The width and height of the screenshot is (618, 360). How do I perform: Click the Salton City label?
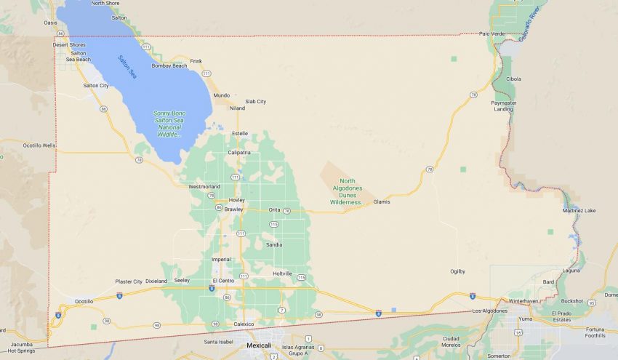[x=96, y=85]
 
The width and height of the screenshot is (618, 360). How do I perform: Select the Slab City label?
[x=255, y=101]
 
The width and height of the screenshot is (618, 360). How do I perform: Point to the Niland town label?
[x=238, y=108]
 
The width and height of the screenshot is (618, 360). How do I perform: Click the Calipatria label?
[x=239, y=152]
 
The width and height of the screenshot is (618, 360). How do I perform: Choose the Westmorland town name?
[x=204, y=186]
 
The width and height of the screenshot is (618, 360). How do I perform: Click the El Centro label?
[x=223, y=280]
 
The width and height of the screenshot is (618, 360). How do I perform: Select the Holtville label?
[x=282, y=273]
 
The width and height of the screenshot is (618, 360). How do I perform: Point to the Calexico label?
[x=244, y=324]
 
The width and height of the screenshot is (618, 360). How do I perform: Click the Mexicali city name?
[x=259, y=345]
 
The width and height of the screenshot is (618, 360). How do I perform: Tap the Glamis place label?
[x=382, y=201]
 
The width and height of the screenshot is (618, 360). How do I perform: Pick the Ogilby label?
[x=457, y=271]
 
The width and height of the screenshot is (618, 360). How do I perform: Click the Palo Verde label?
[x=492, y=33]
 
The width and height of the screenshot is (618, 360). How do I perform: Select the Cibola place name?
[x=513, y=79]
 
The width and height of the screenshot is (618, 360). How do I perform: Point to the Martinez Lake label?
[x=579, y=210]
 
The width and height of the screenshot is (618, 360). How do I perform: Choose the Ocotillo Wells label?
[x=39, y=145]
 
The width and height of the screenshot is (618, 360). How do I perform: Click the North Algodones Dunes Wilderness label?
[x=346, y=191]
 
